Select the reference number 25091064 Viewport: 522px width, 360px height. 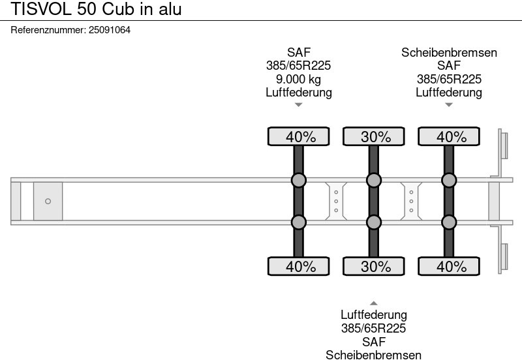point(109,30)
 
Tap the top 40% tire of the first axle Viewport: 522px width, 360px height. point(299,137)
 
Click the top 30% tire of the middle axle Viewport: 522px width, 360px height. point(374,137)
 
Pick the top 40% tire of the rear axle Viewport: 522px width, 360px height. point(449,137)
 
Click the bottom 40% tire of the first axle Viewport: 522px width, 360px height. point(299,266)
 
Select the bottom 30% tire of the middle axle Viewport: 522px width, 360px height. point(374,266)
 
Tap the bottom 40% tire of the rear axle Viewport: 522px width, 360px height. point(449,266)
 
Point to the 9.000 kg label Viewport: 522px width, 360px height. point(299,80)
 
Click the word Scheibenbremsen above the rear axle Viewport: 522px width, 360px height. point(449,53)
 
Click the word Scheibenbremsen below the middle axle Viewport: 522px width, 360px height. point(374,354)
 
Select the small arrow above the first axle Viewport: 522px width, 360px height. point(299,104)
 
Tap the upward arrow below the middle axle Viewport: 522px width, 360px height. point(374,303)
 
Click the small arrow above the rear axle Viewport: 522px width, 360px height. point(449,104)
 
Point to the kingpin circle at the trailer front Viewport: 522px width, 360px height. point(48,202)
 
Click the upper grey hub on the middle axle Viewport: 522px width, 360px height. point(374,180)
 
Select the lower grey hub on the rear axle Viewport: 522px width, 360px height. point(449,222)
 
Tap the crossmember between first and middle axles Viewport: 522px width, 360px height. point(336,201)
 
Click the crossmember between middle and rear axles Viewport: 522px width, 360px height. point(412,201)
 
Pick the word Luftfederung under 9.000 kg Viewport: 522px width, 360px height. point(299,93)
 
